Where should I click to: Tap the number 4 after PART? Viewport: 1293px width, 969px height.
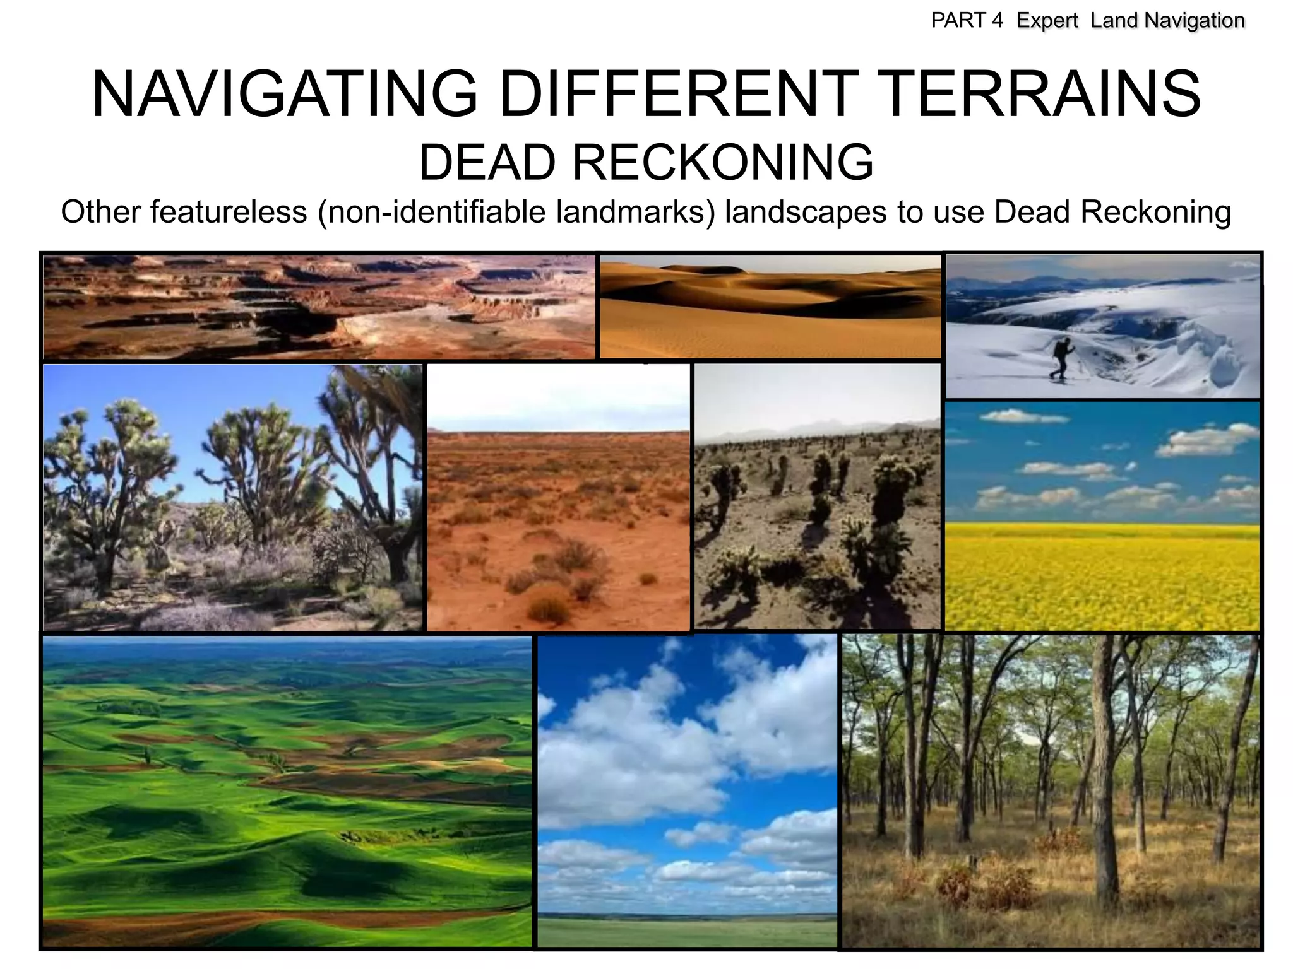coord(997,21)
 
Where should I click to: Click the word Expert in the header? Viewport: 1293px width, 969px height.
coord(1047,21)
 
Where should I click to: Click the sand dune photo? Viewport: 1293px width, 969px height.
coord(770,307)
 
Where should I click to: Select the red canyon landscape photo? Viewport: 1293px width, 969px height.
coord(319,307)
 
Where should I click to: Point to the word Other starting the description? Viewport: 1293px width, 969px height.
coord(100,212)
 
